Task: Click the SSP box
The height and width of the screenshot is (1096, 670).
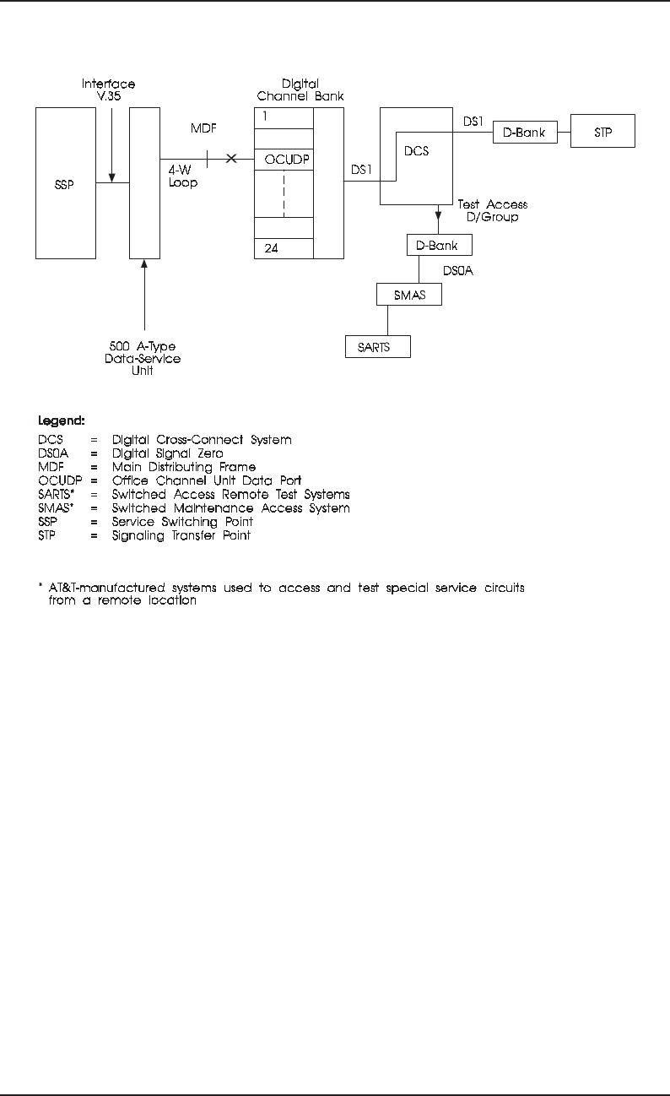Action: pos(65,182)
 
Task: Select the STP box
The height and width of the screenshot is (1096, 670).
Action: pos(602,133)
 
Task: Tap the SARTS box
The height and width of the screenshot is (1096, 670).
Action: pos(378,346)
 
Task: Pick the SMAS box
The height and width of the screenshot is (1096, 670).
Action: pos(409,295)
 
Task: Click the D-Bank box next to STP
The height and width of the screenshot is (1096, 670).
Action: pos(524,133)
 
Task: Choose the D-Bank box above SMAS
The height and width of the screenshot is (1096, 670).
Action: pos(438,245)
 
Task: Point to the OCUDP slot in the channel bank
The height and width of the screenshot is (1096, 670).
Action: pos(284,160)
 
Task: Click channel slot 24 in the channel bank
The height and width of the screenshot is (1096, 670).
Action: pos(284,248)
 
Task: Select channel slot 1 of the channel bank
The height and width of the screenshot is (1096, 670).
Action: pos(284,117)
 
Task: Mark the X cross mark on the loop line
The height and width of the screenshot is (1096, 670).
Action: pos(231,160)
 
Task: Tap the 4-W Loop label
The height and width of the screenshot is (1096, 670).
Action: pos(183,176)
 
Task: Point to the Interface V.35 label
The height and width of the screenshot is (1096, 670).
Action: pos(109,90)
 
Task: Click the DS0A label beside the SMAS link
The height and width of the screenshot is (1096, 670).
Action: pos(460,271)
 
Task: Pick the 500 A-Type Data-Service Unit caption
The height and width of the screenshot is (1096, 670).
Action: pos(144,359)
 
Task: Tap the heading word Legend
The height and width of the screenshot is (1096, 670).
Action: pos(61,420)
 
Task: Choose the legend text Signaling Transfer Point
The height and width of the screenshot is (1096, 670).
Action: pos(181,535)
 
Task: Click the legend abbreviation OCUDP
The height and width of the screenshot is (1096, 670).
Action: pos(59,480)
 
